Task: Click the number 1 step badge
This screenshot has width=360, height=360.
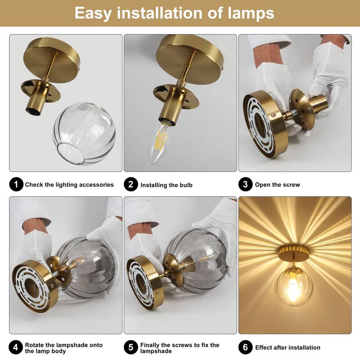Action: pos(16,184)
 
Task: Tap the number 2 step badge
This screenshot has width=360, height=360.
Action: pos(130,184)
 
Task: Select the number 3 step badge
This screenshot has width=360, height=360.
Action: pos(245,184)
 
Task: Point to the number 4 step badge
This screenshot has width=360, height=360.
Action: pos(16,347)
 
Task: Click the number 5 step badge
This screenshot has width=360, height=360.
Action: pos(130,347)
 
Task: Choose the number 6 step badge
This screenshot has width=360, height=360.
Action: pos(245,347)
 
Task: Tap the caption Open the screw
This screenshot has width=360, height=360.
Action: pos(277,184)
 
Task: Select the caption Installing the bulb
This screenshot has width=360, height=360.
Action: pos(166,185)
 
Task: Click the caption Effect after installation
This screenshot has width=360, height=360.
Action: pos(288,347)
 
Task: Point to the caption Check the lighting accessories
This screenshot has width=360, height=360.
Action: pos(69,184)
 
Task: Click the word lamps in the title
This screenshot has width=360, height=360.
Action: pos(247,13)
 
